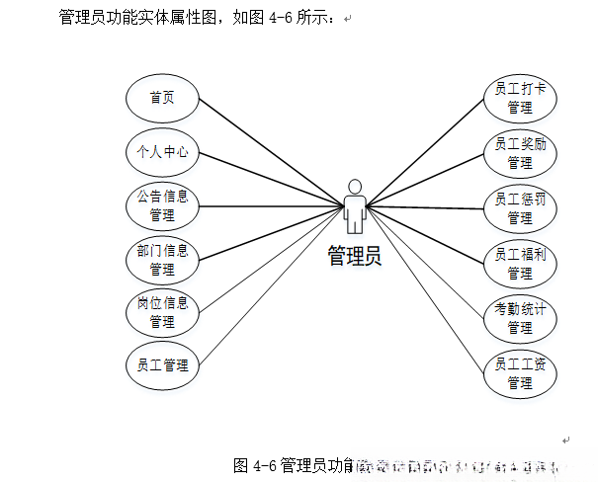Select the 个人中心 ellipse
pos(162,152)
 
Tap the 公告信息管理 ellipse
pos(162,205)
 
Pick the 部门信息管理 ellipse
pos(162,259)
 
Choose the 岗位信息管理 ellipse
pos(162,312)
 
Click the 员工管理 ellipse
pos(162,365)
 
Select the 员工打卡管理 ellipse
pos(520,98)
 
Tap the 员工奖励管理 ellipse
pos(520,152)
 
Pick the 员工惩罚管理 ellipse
pos(520,207)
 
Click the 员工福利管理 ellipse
pos(520,263)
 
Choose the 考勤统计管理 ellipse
pos(520,318)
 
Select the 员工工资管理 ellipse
pos(520,373)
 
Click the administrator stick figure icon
pos(355,205)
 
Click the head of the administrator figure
pos(355,185)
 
